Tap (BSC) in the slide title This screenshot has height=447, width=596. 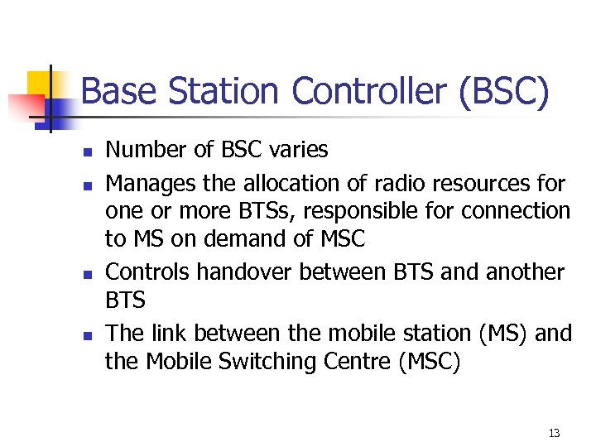coord(502,92)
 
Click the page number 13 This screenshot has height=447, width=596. coord(554,433)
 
